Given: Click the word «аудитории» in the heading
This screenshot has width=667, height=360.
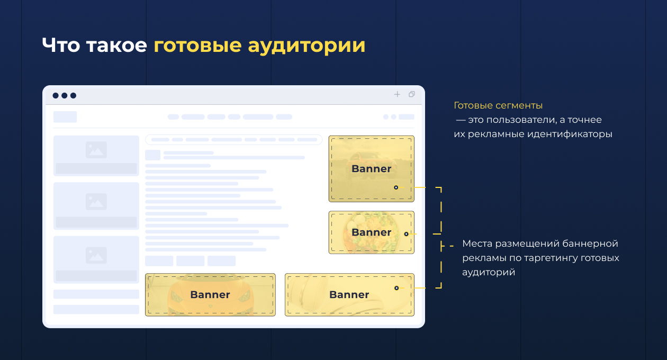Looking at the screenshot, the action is [x=307, y=46].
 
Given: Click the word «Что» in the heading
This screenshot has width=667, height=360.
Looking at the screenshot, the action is [x=61, y=45].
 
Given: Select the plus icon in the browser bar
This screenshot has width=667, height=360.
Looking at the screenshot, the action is [x=397, y=94].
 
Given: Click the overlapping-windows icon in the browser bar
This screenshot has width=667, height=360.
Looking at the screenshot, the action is [x=412, y=94].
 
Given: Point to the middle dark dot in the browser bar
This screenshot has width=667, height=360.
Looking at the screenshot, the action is [x=65, y=95].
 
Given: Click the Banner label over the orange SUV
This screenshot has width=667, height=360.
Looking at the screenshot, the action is [x=371, y=168].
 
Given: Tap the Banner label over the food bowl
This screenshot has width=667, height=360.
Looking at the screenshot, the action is [x=371, y=232].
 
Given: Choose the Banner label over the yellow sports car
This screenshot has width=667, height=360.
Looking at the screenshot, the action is [x=210, y=294].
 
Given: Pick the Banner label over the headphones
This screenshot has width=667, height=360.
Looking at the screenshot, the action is [x=349, y=294].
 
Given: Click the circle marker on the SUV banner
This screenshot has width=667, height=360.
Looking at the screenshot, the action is [x=396, y=187].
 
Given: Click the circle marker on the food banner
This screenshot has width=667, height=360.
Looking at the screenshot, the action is [x=406, y=234].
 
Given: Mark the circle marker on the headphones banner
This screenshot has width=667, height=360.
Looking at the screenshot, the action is [x=396, y=288].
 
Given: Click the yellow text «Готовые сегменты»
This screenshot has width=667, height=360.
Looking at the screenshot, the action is [x=498, y=105].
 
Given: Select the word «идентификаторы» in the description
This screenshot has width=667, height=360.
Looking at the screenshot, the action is [x=570, y=134].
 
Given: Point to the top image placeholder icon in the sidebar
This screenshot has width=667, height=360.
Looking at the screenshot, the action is [x=96, y=150].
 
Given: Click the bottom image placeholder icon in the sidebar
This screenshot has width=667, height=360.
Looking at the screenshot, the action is [x=96, y=255].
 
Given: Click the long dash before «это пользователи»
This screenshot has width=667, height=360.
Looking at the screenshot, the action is [x=461, y=120].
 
